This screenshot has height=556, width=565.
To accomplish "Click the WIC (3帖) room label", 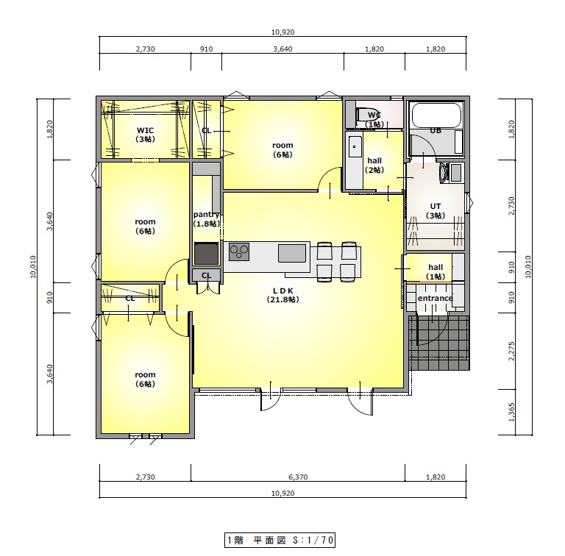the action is (x=145, y=135).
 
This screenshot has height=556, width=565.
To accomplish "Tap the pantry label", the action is (x=207, y=215).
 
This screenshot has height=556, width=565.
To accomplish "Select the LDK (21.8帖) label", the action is (x=282, y=295).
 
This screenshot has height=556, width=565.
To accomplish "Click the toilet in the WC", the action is (x=366, y=115).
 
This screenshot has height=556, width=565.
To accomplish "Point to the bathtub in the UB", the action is (x=436, y=115).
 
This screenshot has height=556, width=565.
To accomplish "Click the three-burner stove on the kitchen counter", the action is (x=239, y=252).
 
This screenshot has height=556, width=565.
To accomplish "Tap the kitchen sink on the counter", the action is (x=292, y=253).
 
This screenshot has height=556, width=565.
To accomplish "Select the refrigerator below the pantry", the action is (x=207, y=254).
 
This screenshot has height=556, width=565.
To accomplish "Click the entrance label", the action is (x=436, y=298).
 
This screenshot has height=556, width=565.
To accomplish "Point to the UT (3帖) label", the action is (x=436, y=211).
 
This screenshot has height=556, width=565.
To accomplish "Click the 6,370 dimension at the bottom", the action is (x=298, y=477).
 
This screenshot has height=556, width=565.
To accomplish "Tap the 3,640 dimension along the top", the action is (x=282, y=49).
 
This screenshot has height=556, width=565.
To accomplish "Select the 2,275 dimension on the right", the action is (x=511, y=351).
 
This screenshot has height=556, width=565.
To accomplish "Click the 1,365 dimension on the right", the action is (x=511, y=412).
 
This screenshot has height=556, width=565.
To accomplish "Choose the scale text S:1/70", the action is (x=313, y=540).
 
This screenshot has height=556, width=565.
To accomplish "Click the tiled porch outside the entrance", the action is (x=440, y=343).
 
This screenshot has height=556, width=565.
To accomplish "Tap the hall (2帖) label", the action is (x=374, y=165).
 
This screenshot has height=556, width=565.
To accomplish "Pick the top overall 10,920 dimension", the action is (x=282, y=32).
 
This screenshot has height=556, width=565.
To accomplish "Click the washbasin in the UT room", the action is (x=444, y=173).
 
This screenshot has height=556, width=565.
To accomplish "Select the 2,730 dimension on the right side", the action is (x=511, y=206).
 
